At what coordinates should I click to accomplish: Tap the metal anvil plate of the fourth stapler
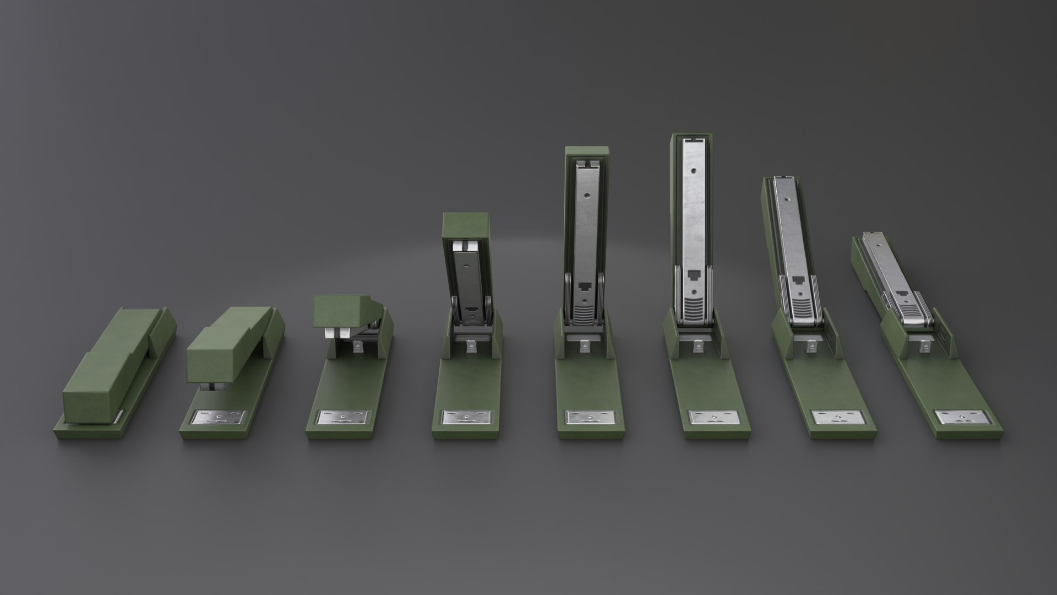pyautogui.click(x=467, y=418)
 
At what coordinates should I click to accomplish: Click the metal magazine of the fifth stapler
pyautogui.click(x=585, y=231)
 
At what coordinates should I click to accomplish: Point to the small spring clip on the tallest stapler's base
pyautogui.click(x=698, y=346)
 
